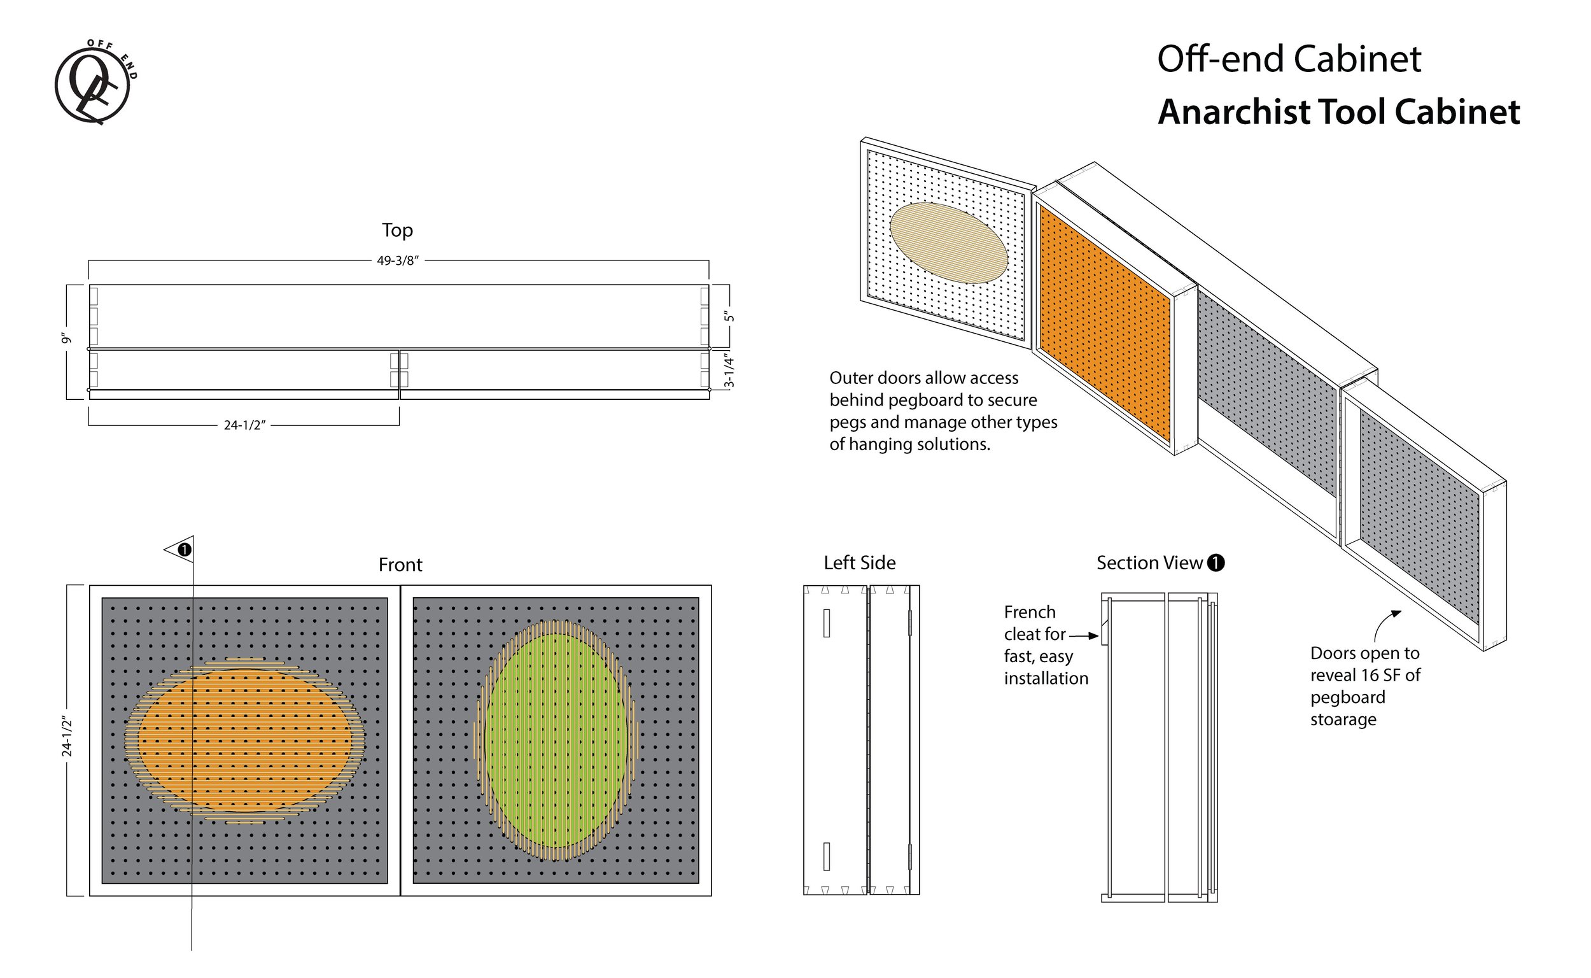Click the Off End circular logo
click(x=94, y=82)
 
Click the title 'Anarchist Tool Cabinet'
click(x=1338, y=112)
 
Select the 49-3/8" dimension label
click(x=398, y=260)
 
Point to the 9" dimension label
click(x=66, y=338)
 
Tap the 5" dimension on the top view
click(x=729, y=317)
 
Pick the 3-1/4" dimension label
click(x=729, y=370)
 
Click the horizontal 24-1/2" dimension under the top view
click(x=244, y=425)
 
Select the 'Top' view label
click(x=397, y=230)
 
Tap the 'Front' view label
click(x=400, y=565)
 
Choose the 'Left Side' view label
click(x=859, y=563)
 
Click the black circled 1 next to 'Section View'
click(x=1216, y=563)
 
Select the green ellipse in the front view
click(x=556, y=741)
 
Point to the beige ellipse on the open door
click(x=948, y=243)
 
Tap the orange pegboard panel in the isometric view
click(x=1104, y=323)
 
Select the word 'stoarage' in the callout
click(x=1343, y=719)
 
